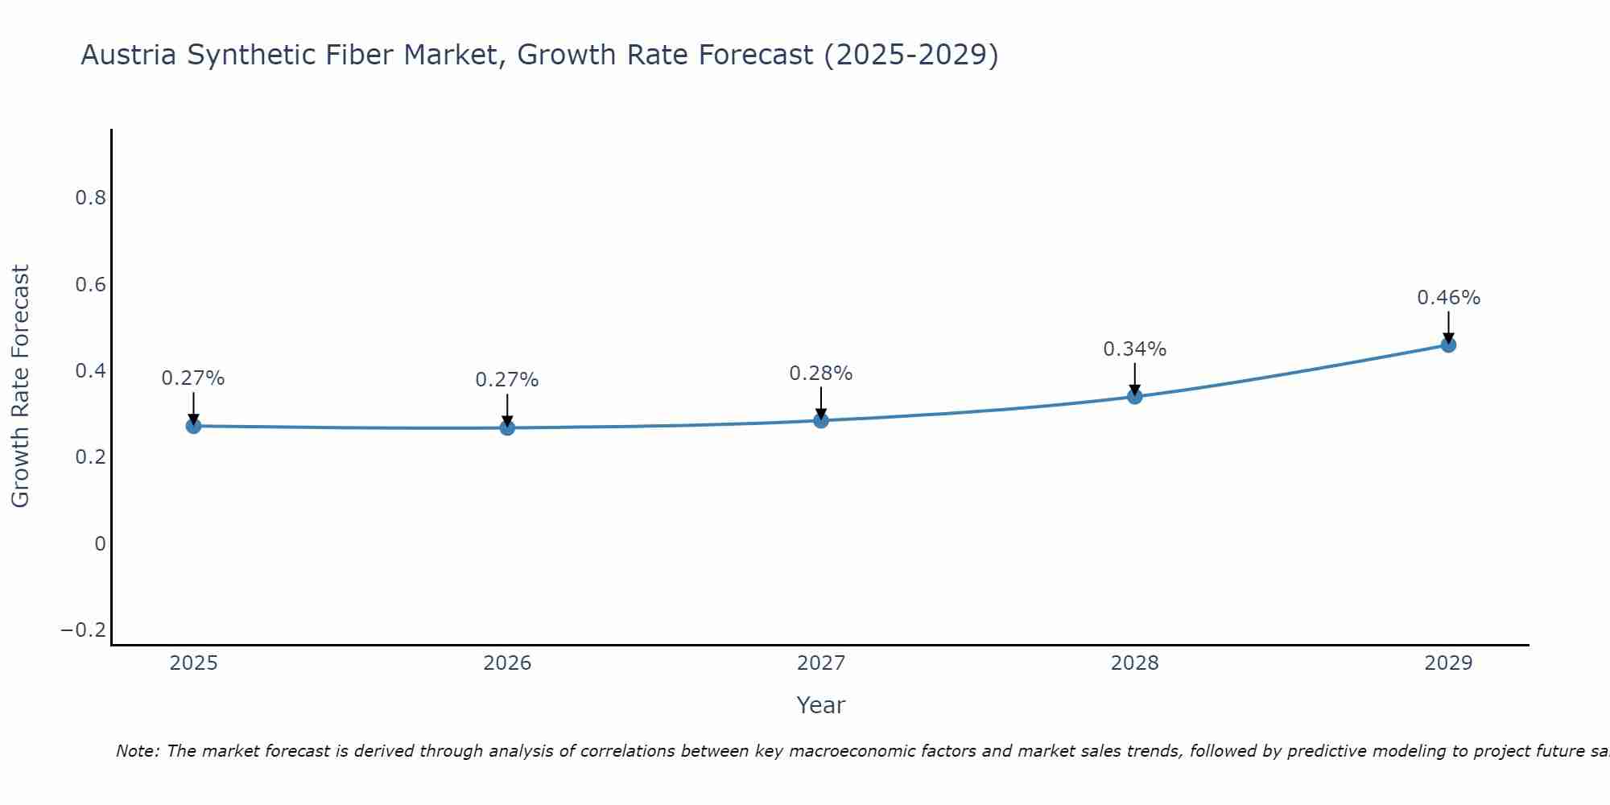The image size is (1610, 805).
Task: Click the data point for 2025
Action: [193, 426]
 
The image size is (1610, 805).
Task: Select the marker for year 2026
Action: [507, 427]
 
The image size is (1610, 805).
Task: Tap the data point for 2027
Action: [821, 420]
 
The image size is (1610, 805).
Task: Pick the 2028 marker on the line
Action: [1135, 396]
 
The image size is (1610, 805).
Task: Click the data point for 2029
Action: [1448, 345]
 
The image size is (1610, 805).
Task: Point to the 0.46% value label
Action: [1448, 298]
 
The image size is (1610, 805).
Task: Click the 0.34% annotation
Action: [1134, 349]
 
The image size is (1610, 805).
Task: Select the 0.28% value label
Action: [820, 374]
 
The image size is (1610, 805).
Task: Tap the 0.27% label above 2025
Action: [193, 378]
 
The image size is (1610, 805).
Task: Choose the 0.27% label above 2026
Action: [506, 380]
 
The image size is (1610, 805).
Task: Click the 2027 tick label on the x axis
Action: [821, 663]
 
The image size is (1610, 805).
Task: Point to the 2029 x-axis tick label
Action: [1448, 663]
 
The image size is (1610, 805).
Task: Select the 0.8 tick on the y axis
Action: [91, 198]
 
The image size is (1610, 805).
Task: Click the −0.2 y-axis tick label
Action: [84, 630]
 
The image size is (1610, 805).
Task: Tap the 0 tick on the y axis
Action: [100, 543]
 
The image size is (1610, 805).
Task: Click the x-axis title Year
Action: [820, 706]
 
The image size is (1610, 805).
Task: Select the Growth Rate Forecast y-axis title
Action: [20, 386]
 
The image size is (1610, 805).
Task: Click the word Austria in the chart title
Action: [130, 56]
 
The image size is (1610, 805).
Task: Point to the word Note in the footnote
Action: [137, 751]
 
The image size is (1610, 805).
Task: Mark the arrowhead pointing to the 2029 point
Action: [1448, 338]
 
